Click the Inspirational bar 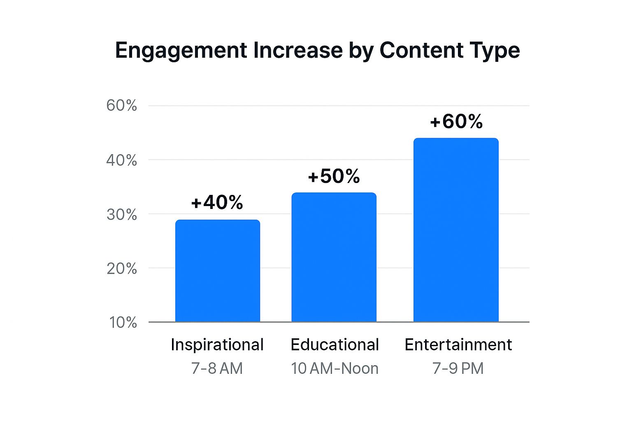tap(218, 271)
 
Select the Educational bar tap(334, 257)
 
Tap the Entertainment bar tap(456, 230)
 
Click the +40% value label tap(217, 202)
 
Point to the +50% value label tap(334, 176)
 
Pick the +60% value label tap(456, 122)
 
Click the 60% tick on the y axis tap(121, 105)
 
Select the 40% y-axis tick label tap(121, 160)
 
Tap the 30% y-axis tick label tap(121, 214)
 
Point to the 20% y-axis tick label tap(121, 269)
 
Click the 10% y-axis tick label tap(123, 322)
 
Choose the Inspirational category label tap(217, 345)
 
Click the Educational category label tap(335, 345)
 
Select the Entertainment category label tap(458, 345)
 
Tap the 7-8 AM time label tap(217, 368)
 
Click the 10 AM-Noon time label tap(335, 368)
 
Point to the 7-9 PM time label tap(458, 368)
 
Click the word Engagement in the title tap(181, 51)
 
